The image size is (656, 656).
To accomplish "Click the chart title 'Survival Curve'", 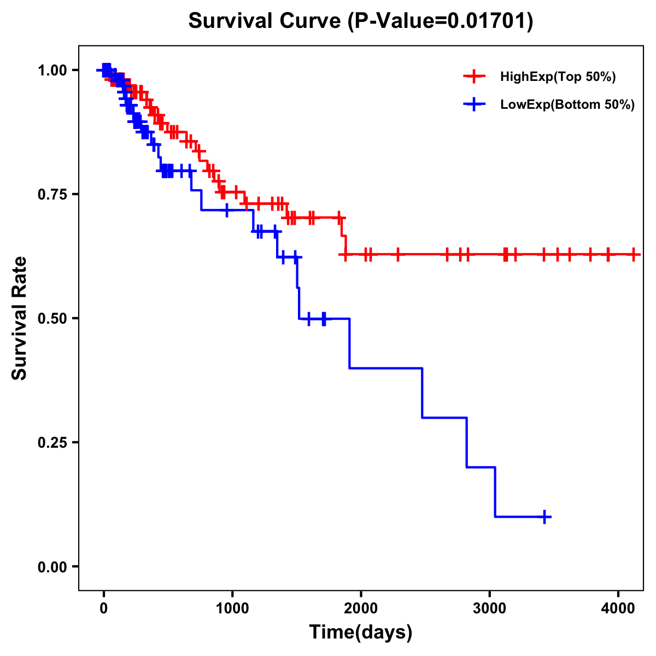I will [x=265, y=21].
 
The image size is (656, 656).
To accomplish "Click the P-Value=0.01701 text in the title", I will [x=441, y=21].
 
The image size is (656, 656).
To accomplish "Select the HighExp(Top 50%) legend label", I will [x=558, y=77].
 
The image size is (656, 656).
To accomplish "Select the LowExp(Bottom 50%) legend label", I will [x=567, y=105].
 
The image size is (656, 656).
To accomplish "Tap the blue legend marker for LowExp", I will [x=474, y=105].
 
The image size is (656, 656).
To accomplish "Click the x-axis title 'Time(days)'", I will [x=361, y=632].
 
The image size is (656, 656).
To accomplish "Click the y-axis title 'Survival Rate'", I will [x=20, y=318].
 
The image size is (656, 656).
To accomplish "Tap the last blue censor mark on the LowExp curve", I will [x=545, y=517].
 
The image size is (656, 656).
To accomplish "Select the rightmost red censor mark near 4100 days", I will [x=634, y=254].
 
